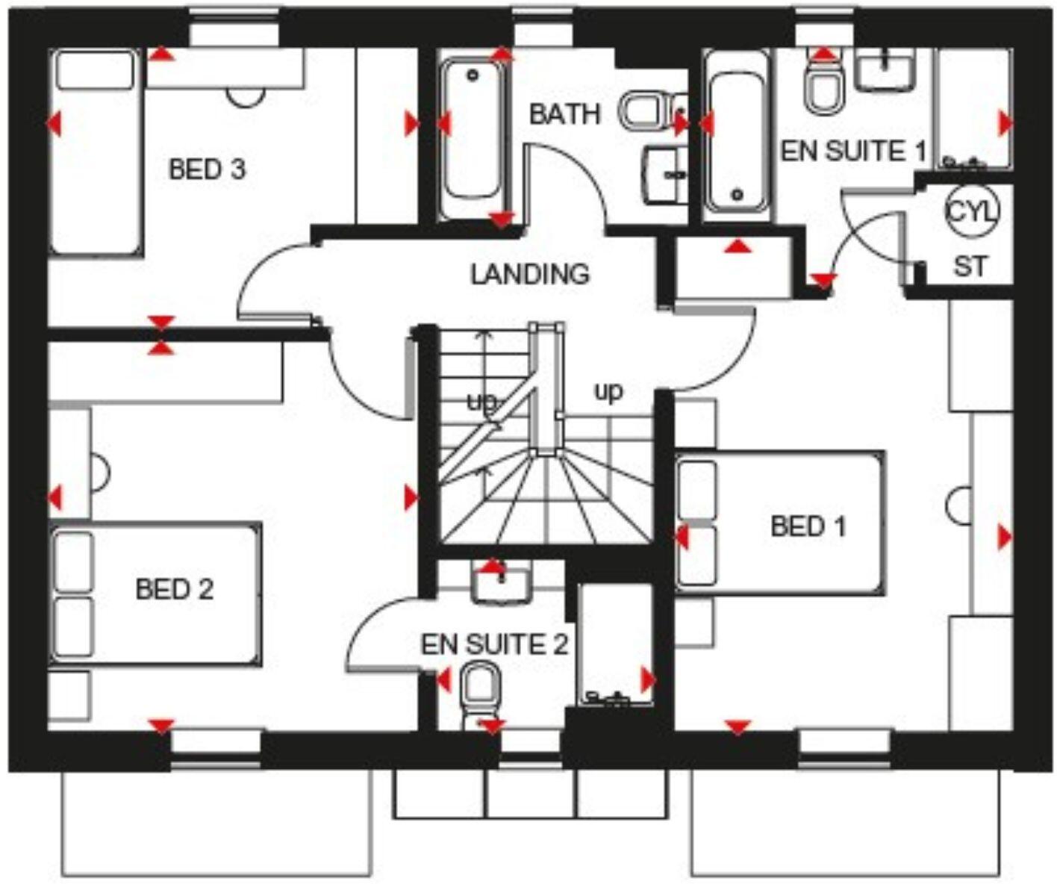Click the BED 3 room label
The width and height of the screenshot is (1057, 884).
pyautogui.click(x=207, y=169)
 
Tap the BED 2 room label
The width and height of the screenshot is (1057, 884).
pyautogui.click(x=174, y=590)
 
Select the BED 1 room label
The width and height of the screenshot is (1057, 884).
pyautogui.click(x=808, y=527)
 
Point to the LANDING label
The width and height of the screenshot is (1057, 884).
pyautogui.click(x=530, y=274)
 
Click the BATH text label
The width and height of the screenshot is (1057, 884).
pyautogui.click(x=564, y=114)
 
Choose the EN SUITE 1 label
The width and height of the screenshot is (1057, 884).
pyautogui.click(x=853, y=152)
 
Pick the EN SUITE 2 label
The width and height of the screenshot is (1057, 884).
pyautogui.click(x=495, y=644)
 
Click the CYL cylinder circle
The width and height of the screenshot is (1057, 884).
pyautogui.click(x=971, y=213)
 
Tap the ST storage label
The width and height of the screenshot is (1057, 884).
pyautogui.click(x=970, y=267)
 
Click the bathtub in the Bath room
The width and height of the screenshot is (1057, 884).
pyautogui.click(x=472, y=138)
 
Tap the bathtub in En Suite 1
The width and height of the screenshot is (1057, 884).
pyautogui.click(x=737, y=138)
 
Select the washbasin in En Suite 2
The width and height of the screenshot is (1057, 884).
pyautogui.click(x=501, y=582)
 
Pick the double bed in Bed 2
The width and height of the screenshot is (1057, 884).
pyautogui.click(x=155, y=594)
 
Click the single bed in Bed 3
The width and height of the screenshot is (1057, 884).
pyautogui.click(x=95, y=153)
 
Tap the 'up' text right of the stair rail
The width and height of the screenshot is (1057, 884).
pyautogui.click(x=608, y=391)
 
